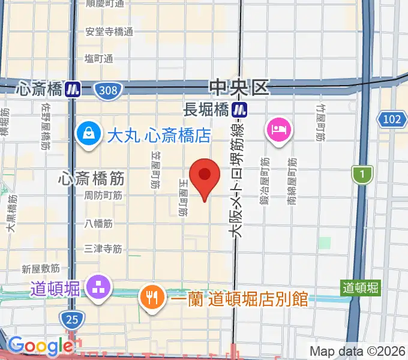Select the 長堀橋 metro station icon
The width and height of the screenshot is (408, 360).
[241, 109]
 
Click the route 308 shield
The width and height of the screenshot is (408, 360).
[109, 90]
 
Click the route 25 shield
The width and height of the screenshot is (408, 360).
[71, 319]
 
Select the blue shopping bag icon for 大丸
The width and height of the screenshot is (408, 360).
[89, 133]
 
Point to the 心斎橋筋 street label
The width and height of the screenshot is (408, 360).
[92, 178]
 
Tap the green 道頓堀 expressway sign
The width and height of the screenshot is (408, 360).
[361, 287]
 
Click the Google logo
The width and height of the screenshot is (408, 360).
[40, 346]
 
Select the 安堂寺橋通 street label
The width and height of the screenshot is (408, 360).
[109, 32]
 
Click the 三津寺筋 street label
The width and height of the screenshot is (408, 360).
[103, 247]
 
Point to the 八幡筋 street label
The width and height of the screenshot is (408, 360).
[98, 223]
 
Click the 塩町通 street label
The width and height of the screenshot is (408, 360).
[99, 58]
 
